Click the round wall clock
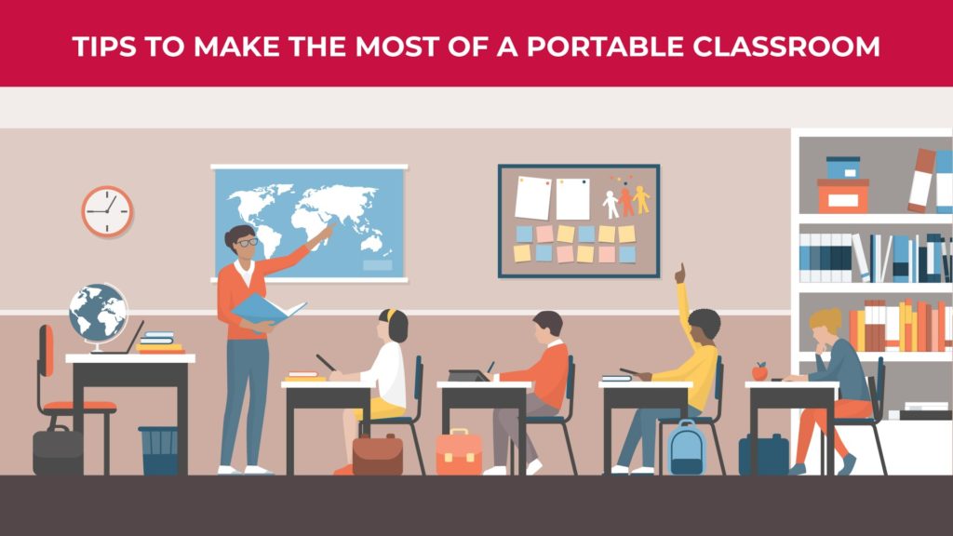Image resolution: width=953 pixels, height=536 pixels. click(107, 211)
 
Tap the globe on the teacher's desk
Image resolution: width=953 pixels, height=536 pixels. click(98, 313)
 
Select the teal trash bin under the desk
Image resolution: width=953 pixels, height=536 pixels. click(157, 449)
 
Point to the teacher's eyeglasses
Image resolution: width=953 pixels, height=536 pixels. click(247, 242)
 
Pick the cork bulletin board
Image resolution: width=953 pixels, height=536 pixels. click(578, 221)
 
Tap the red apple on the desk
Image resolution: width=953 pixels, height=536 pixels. click(759, 371)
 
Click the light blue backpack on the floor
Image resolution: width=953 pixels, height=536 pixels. click(686, 446)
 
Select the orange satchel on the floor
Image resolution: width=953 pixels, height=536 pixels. click(460, 452)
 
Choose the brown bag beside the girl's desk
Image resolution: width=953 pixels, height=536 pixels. click(377, 454)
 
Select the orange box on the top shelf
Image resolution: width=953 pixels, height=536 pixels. click(842, 195)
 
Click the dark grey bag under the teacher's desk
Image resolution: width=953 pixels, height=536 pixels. click(58, 451)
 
